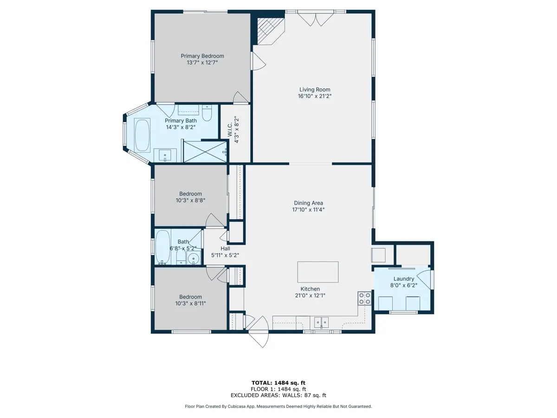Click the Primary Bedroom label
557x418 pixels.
[202, 56]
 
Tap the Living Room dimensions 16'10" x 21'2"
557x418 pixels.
[315, 96]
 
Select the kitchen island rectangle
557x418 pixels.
[317, 272]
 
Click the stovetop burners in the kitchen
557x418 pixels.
[364, 298]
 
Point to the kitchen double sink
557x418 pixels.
[321, 323]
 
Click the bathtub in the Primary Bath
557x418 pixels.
[142, 135]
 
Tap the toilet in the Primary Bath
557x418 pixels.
[207, 113]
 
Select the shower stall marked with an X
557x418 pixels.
[205, 152]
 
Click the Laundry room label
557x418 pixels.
[404, 279]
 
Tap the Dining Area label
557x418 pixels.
[308, 203]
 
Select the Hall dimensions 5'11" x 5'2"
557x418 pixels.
[225, 255]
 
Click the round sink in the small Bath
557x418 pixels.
[194, 259]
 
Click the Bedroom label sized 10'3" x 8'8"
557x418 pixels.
[190, 194]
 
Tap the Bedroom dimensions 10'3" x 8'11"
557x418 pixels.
[190, 303]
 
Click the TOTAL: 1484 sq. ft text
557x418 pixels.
[278, 383]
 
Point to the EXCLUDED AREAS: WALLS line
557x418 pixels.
[278, 395]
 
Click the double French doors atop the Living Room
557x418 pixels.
[316, 19]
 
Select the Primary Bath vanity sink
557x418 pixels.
[165, 155]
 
